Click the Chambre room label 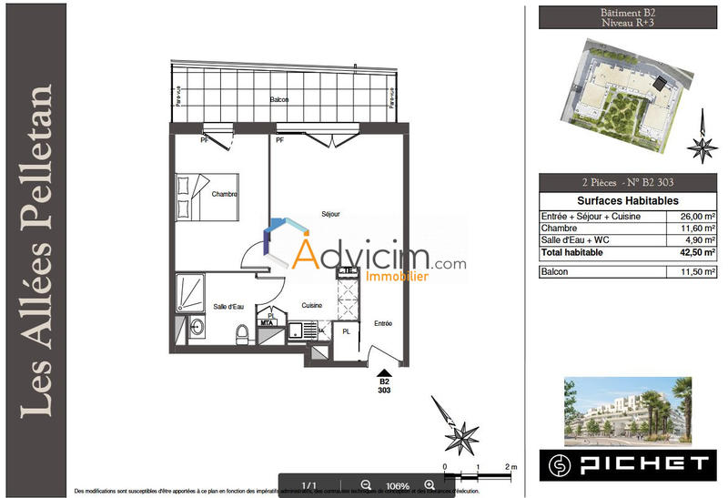point(225,195)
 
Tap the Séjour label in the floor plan point(330,214)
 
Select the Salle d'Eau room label point(228,306)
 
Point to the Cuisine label point(312,306)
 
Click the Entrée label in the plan point(382,322)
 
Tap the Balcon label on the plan point(279,99)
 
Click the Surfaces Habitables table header point(627,201)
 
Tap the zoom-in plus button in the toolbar point(429,485)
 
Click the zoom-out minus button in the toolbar point(366,485)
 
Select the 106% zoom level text point(397,485)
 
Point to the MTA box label point(268,322)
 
